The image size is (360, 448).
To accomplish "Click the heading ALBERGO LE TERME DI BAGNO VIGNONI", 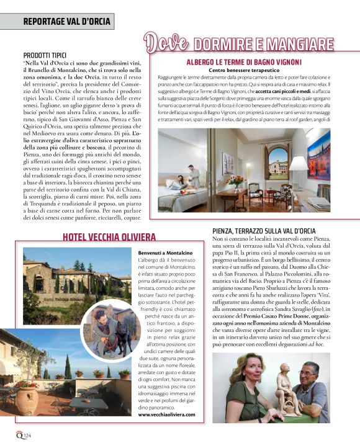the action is click(x=244, y=63).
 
